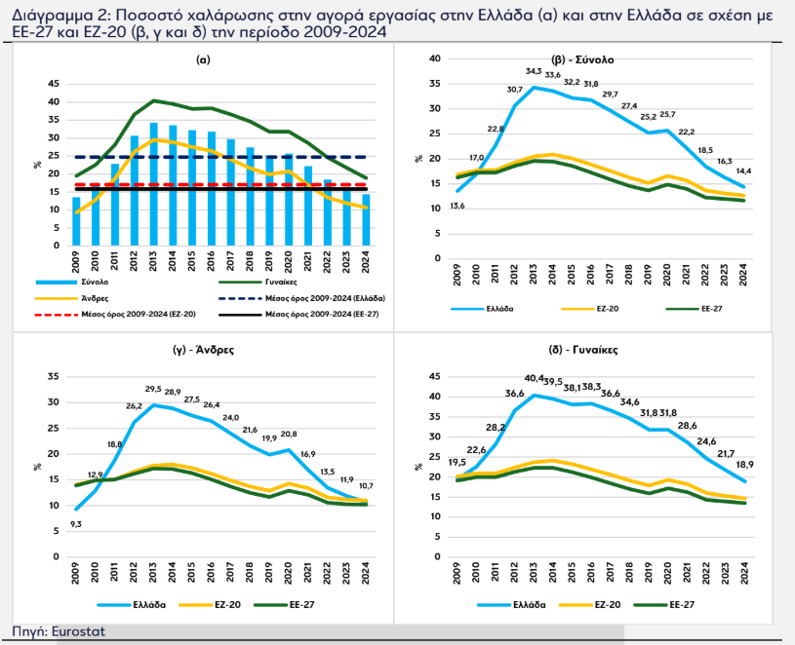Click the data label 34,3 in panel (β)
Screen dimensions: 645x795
click(x=534, y=71)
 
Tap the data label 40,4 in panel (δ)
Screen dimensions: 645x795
click(x=534, y=378)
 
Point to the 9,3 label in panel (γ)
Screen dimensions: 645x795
click(x=76, y=524)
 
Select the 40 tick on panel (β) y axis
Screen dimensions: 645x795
click(x=435, y=58)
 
